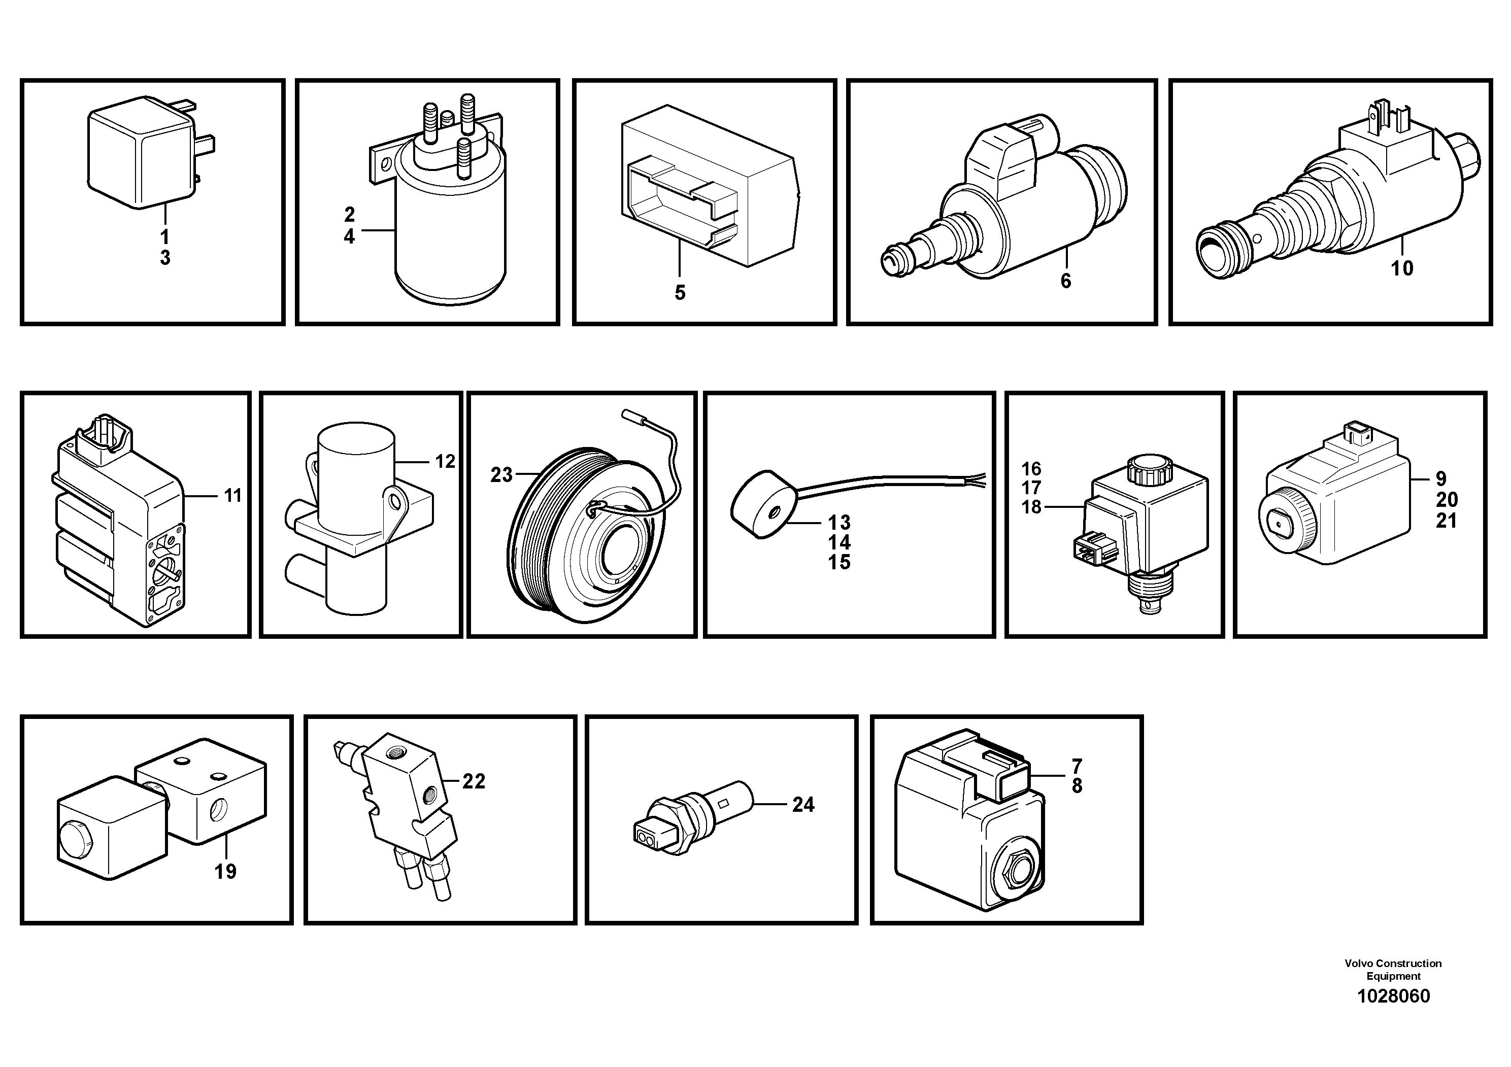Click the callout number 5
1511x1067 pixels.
tap(680, 293)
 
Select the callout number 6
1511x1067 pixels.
tap(1065, 281)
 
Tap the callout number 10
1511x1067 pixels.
tap(1402, 268)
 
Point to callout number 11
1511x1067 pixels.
tap(233, 495)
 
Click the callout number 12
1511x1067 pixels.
tap(445, 461)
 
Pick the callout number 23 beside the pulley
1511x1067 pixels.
tap(501, 475)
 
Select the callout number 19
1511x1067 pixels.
tap(225, 872)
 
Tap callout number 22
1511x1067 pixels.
tap(473, 781)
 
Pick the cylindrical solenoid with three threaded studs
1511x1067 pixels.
tap(450, 237)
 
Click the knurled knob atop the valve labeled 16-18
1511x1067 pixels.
tap(1145, 468)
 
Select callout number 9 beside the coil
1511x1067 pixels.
tap(1440, 479)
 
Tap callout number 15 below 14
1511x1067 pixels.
tap(839, 563)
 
